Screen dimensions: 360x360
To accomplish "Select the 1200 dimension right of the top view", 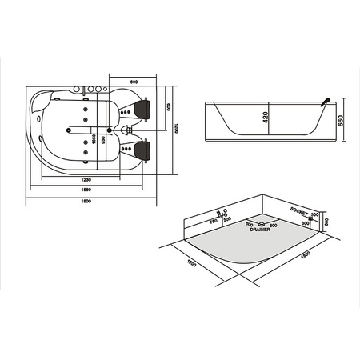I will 176,128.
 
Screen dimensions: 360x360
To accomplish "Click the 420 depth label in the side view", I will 266,120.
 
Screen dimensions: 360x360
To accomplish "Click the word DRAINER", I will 261,230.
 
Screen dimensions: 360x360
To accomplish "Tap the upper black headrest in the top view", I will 145,106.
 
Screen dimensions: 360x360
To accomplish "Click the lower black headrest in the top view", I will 145,149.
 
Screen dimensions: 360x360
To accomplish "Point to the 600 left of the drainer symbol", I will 249,223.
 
